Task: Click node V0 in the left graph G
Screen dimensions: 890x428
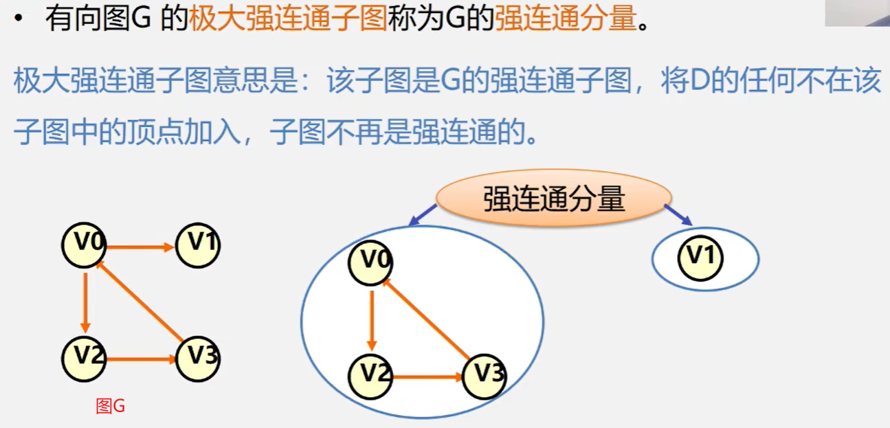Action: tap(84, 245)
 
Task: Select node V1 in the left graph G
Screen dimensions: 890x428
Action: tap(198, 245)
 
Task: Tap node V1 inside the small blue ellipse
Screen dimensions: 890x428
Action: tap(700, 258)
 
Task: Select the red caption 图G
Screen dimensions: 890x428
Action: tap(111, 407)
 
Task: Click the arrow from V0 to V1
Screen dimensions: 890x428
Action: tap(140, 247)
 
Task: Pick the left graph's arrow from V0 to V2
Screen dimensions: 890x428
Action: tap(85, 301)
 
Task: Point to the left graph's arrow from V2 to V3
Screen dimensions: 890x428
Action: tap(140, 359)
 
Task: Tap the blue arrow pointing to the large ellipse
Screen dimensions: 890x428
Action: tap(423, 214)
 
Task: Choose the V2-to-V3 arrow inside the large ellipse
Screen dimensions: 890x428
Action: tap(427, 376)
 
